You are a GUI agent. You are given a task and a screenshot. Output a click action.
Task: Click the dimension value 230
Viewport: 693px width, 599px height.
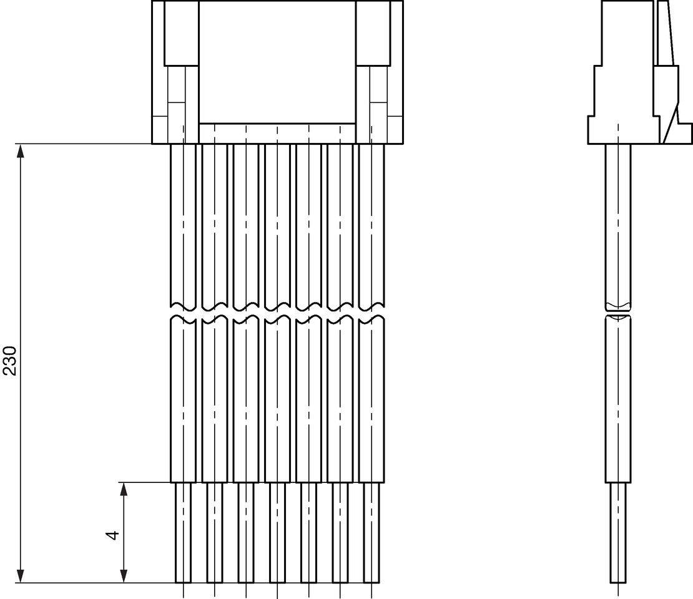point(10,361)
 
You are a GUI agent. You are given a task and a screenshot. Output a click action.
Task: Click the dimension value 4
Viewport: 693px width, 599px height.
point(113,535)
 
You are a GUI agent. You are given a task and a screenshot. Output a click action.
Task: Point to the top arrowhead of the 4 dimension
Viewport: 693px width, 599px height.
point(124,489)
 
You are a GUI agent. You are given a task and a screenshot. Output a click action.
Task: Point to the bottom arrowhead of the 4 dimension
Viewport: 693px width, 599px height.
point(124,575)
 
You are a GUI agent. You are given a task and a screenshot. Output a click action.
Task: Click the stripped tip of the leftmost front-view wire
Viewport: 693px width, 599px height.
point(184,533)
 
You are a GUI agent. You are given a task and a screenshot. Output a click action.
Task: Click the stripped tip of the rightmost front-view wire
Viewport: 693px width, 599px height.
point(371,533)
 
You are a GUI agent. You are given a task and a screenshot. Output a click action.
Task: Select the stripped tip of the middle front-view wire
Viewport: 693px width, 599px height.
point(278,533)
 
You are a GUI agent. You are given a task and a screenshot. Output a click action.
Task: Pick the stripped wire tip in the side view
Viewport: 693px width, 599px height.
point(618,533)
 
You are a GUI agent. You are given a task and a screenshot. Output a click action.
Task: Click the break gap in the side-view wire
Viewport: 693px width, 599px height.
point(618,311)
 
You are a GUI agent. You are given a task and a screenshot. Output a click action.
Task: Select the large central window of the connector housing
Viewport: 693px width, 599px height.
point(278,62)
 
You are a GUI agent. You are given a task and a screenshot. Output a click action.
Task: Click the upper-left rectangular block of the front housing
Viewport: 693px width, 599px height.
point(182,33)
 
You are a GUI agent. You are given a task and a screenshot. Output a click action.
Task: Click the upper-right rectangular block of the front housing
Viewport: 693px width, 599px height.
point(373,33)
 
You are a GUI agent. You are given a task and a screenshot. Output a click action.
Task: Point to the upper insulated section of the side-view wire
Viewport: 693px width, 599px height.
point(618,225)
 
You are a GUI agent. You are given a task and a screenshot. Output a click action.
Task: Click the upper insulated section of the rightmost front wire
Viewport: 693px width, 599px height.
point(371,225)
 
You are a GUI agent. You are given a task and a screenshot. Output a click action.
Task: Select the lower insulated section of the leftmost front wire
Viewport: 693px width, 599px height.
point(184,400)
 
